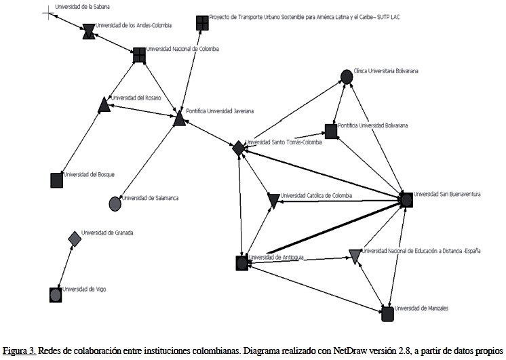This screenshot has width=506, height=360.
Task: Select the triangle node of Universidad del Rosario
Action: click(x=104, y=104)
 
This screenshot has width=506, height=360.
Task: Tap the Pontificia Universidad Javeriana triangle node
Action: click(x=179, y=119)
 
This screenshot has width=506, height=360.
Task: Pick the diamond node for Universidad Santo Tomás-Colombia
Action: click(x=238, y=148)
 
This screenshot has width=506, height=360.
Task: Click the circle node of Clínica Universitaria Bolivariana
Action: click(x=346, y=77)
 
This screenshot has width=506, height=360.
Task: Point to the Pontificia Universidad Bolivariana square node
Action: click(x=330, y=132)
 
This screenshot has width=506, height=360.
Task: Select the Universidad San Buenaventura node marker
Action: click(x=406, y=199)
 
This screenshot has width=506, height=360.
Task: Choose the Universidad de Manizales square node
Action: click(x=387, y=313)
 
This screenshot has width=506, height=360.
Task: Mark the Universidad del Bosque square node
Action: click(x=57, y=180)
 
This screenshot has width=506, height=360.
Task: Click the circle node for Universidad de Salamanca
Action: click(x=115, y=203)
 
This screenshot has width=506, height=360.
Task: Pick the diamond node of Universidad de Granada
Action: click(x=75, y=238)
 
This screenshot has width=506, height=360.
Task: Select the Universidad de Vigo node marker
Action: click(x=56, y=294)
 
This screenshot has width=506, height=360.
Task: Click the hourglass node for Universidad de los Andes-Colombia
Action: click(x=89, y=31)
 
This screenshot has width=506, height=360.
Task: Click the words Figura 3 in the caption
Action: click(x=18, y=351)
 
